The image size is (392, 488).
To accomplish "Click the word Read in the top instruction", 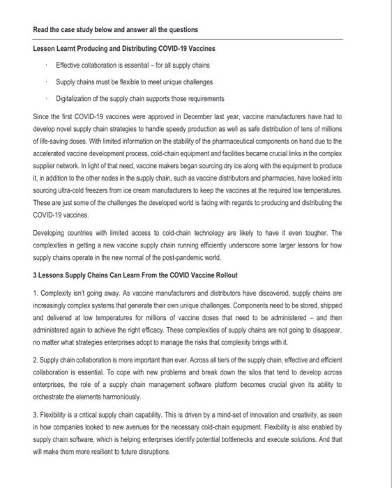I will (x=41, y=30).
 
